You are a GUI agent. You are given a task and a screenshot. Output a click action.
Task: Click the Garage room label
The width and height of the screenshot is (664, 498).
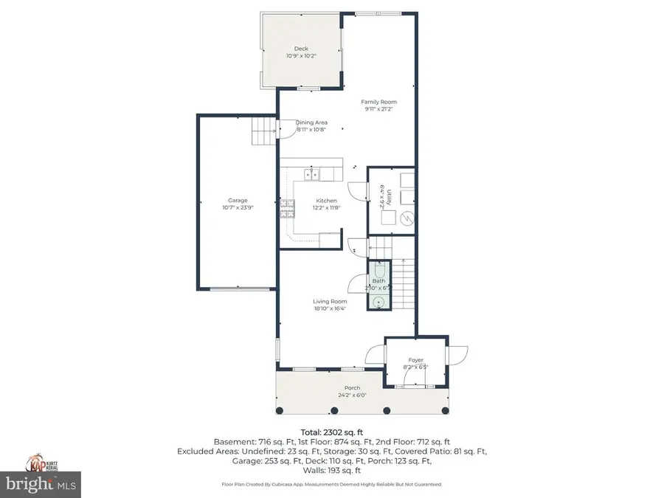pos(238,200)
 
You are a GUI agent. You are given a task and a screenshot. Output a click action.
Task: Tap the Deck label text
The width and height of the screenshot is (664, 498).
pos(301,49)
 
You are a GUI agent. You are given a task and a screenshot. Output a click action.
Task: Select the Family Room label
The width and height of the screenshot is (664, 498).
pos(378,102)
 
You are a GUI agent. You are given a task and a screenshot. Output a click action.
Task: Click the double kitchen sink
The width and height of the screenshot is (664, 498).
pos(312,174)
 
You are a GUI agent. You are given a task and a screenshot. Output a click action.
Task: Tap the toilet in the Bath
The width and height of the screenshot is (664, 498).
pos(379,271)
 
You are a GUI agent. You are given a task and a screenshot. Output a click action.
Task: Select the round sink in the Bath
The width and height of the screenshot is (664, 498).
pos(379,301)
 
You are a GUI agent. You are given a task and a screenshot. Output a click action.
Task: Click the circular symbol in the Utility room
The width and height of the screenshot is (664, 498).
pos(407,218)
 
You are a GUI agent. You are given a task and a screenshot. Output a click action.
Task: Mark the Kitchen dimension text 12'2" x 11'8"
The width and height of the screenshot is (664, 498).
pos(326,209)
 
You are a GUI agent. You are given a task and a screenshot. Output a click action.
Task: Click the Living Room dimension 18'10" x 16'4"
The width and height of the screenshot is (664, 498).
pos(329,308)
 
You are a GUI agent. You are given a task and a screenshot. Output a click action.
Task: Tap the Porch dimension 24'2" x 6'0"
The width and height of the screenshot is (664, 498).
pos(352,395)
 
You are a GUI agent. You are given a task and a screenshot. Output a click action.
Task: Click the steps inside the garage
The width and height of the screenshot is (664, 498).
pos(263,135)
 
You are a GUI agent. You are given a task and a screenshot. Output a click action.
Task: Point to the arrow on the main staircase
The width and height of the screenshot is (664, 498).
pos(403,260)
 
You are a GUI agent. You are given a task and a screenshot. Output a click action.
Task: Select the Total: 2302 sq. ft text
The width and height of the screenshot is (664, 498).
pos(331,432)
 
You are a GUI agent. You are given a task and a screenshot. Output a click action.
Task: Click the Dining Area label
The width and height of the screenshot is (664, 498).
pos(311,122)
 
